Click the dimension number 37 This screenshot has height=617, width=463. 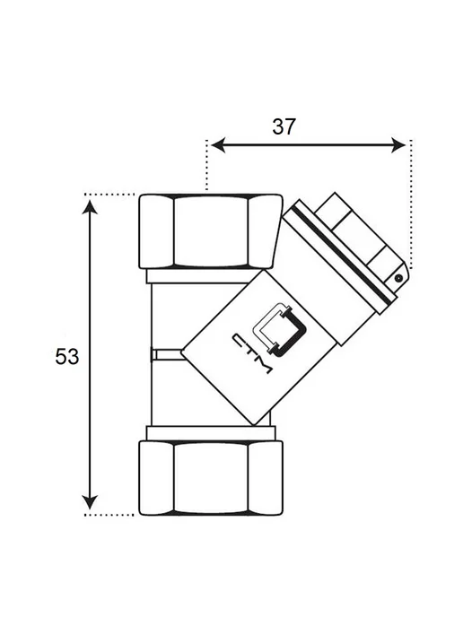point(284,126)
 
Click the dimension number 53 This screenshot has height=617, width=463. point(67,357)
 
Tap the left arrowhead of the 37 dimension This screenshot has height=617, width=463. point(218,145)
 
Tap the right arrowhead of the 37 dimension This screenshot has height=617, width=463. point(398,145)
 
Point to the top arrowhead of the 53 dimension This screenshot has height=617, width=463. point(90,207)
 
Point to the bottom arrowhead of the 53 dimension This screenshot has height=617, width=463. point(90,502)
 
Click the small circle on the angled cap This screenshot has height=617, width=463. point(398,278)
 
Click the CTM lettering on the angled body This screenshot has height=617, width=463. point(252,354)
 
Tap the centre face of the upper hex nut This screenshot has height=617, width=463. point(211,231)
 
